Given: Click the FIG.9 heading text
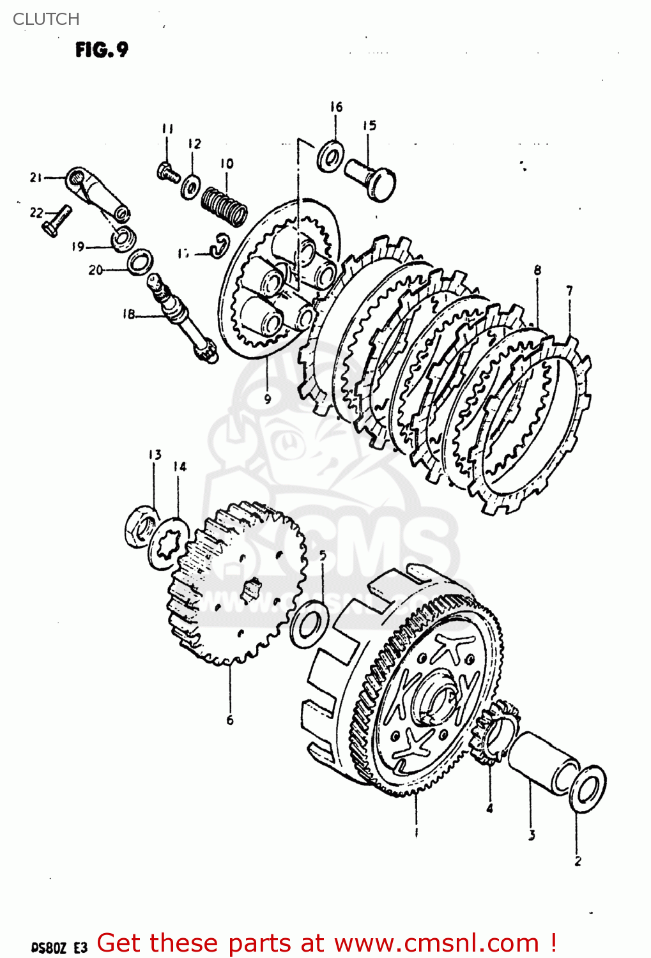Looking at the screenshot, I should pos(102,50).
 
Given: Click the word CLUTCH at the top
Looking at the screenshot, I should pos(46,19).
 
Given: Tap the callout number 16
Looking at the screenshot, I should pos(336,107).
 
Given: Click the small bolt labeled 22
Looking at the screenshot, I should pos(56,221).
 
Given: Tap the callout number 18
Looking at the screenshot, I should pos(129,314).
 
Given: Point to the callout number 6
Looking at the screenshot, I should pos(230,720).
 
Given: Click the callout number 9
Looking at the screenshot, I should pos(268,399).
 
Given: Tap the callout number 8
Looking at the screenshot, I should pos(537,270).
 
